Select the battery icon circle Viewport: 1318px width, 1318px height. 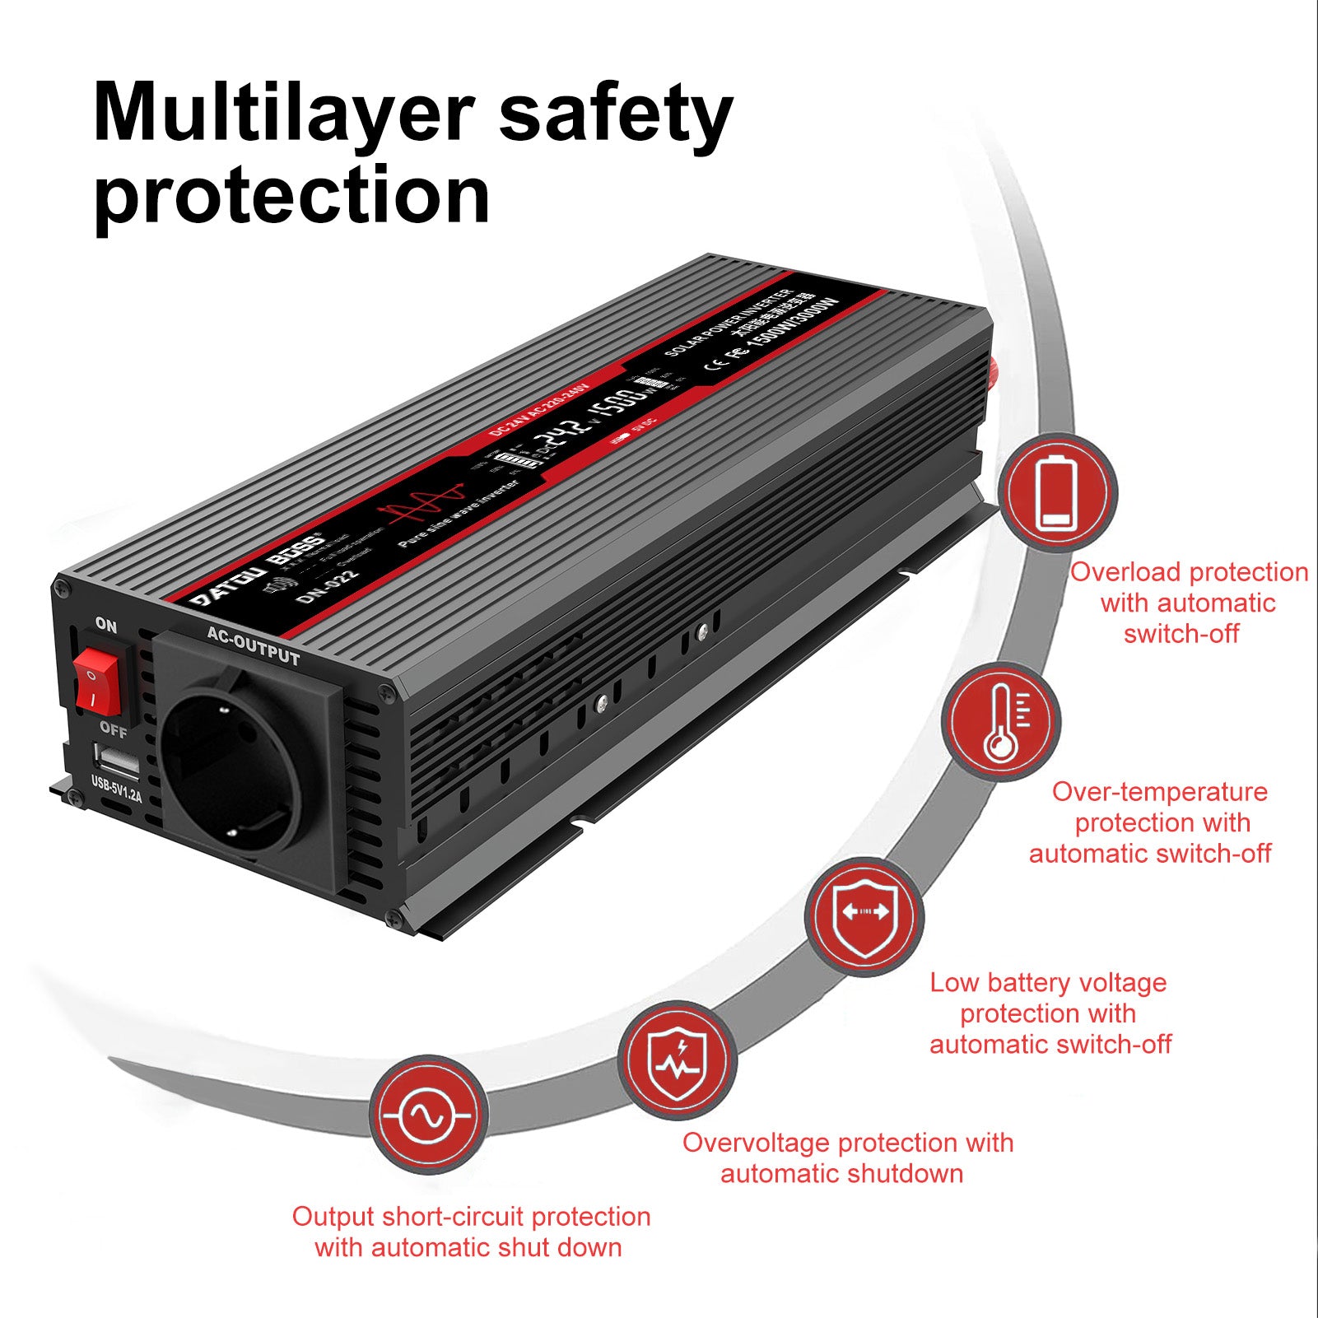[1057, 492]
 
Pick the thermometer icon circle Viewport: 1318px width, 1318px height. [1001, 722]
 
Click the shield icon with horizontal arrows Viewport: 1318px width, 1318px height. [864, 916]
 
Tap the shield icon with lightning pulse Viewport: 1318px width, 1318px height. [677, 1060]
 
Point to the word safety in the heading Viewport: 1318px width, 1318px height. [615, 115]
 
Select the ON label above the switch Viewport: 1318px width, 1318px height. [106, 625]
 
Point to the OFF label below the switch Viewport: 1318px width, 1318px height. [114, 729]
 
